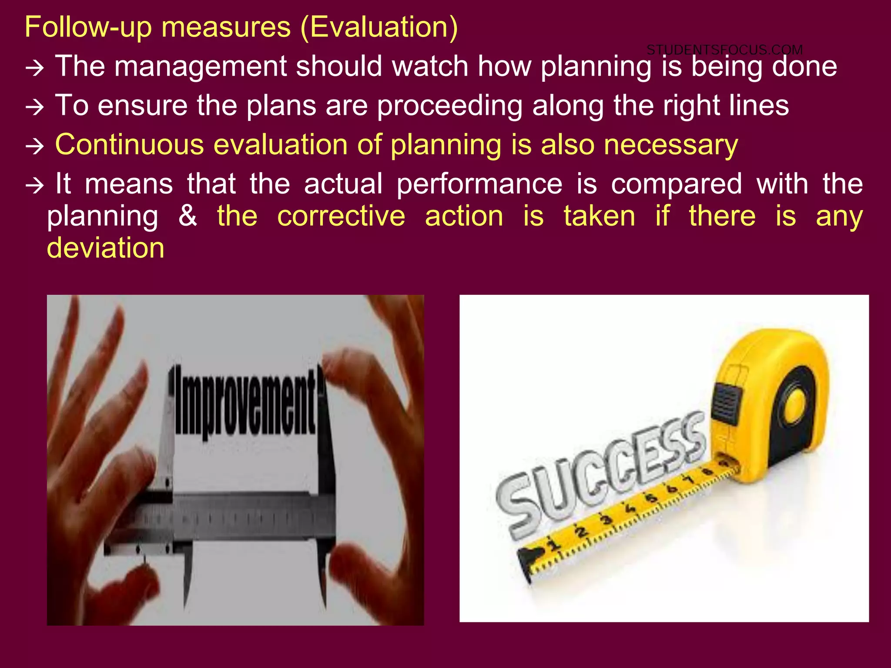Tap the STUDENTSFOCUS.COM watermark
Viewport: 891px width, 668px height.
pyautogui.click(x=724, y=50)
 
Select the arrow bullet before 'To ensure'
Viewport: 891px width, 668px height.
pyautogui.click(x=35, y=107)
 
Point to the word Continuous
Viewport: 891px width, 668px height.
pyautogui.click(x=129, y=144)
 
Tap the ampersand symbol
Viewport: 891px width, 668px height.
pyautogui.click(x=188, y=216)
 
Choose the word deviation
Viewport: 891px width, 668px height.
pyautogui.click(x=106, y=248)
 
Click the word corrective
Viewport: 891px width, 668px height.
pyautogui.click(x=341, y=216)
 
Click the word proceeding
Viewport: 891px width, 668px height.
pyautogui.click(x=449, y=106)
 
